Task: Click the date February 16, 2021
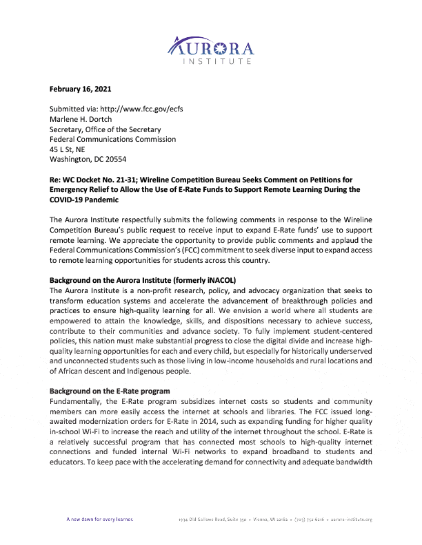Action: (81, 89)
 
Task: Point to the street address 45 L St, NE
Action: (68, 149)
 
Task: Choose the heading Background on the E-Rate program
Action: (110, 391)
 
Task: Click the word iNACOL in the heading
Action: (219, 280)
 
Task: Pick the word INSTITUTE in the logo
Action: (216, 62)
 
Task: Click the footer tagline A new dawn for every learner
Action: (100, 519)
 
